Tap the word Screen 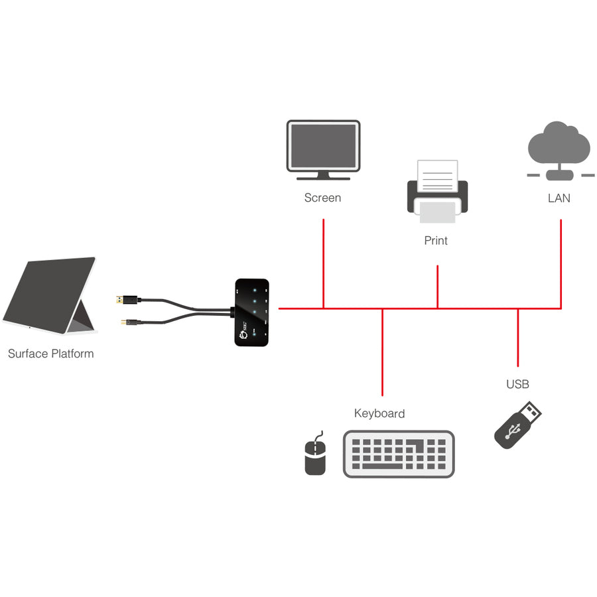tap(322, 198)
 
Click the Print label tap(436, 241)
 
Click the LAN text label tap(559, 198)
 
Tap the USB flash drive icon tap(518, 425)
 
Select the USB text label tap(517, 384)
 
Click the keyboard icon tap(399, 454)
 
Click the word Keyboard tap(379, 413)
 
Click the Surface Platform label tap(51, 354)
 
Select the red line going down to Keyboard tap(382, 352)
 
